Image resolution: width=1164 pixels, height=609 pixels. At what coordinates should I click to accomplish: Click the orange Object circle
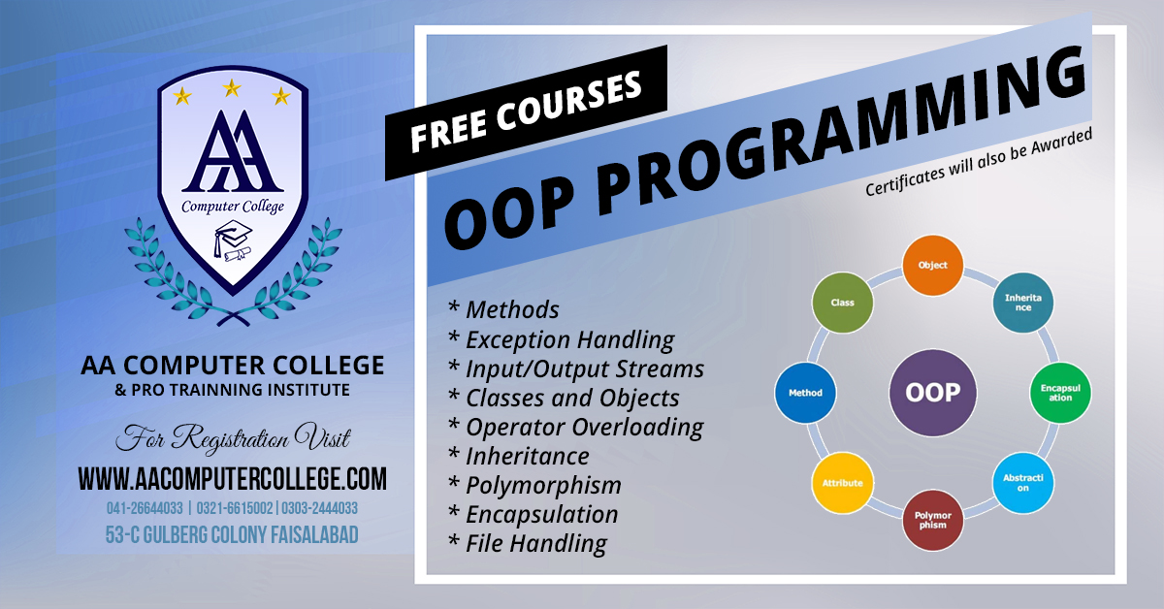pos(933,265)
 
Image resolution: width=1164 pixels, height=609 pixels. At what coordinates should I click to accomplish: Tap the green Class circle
pos(842,303)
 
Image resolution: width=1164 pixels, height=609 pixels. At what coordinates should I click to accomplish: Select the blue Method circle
pos(805,393)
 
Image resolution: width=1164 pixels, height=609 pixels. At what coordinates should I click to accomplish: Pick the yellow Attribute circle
pos(842,483)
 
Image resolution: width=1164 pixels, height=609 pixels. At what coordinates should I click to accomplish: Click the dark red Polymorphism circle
pos(933,520)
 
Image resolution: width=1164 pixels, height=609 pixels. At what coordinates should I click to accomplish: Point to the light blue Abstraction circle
pos(1022,483)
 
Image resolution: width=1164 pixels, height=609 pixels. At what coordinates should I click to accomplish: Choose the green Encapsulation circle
pos(1060,393)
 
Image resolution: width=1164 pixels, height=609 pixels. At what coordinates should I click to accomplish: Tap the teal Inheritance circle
pos(1022,303)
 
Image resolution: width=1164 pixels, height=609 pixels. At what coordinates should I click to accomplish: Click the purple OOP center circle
pos(933,393)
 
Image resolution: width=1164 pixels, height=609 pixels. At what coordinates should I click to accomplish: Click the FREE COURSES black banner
pos(526,112)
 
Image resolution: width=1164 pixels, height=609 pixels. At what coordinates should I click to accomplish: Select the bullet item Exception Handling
pos(562,339)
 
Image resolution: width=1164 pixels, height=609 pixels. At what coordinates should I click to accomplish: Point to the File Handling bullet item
pos(527,543)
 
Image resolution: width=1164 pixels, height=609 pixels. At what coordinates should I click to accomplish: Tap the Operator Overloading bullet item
pos(576,427)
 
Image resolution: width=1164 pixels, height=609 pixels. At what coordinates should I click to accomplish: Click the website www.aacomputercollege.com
pos(232,479)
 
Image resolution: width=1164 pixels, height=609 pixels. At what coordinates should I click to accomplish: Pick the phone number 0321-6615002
pos(235,508)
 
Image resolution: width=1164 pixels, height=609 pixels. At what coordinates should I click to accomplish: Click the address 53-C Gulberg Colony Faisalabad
pos(232,534)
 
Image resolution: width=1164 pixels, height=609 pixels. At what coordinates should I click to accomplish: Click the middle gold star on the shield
pos(232,88)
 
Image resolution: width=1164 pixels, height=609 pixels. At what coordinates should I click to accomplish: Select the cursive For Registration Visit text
pos(233,437)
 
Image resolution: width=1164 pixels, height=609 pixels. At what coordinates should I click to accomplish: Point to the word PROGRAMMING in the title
pos(842,129)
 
